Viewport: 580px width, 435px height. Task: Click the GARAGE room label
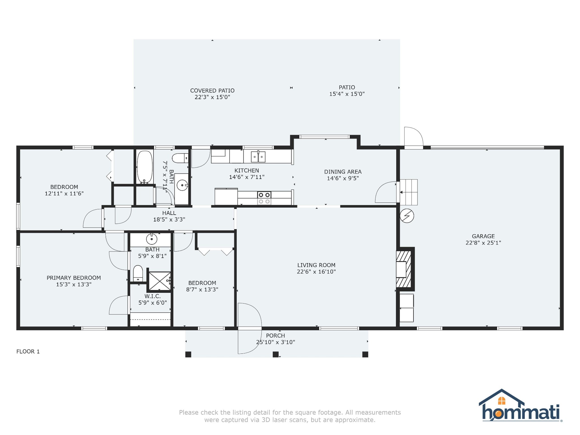click(x=483, y=236)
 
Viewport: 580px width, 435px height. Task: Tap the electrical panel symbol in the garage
click(x=407, y=216)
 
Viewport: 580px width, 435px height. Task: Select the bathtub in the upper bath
click(x=145, y=167)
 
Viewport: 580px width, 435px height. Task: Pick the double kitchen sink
click(x=258, y=157)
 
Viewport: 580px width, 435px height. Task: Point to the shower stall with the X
click(x=159, y=281)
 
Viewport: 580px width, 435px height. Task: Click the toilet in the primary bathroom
click(x=138, y=273)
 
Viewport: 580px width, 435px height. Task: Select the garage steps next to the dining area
click(x=409, y=192)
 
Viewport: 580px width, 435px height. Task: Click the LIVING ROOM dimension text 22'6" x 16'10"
click(x=316, y=272)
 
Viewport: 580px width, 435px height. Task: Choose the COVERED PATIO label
click(x=212, y=91)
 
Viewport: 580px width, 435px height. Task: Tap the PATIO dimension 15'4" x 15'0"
click(x=347, y=94)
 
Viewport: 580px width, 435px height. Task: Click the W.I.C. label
click(x=152, y=296)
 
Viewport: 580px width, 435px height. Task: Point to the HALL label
click(x=169, y=213)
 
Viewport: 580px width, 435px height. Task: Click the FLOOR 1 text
click(x=28, y=351)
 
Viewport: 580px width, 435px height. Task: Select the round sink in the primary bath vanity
click(x=152, y=239)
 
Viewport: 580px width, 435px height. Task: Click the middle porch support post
click(x=276, y=354)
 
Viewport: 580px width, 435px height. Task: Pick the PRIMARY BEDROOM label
click(x=74, y=278)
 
